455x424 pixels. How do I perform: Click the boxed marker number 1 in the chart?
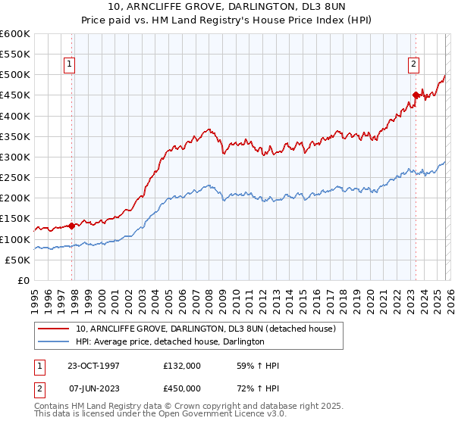pyautogui.click(x=69, y=65)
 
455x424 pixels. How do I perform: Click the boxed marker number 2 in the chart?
pyautogui.click(x=414, y=65)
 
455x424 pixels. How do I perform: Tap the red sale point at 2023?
pyautogui.click(x=416, y=95)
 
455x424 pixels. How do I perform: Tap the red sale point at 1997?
pyautogui.click(x=72, y=225)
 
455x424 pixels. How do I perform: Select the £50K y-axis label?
pyautogui.click(x=17, y=260)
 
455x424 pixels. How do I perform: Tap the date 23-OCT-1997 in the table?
pyautogui.click(x=87, y=366)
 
